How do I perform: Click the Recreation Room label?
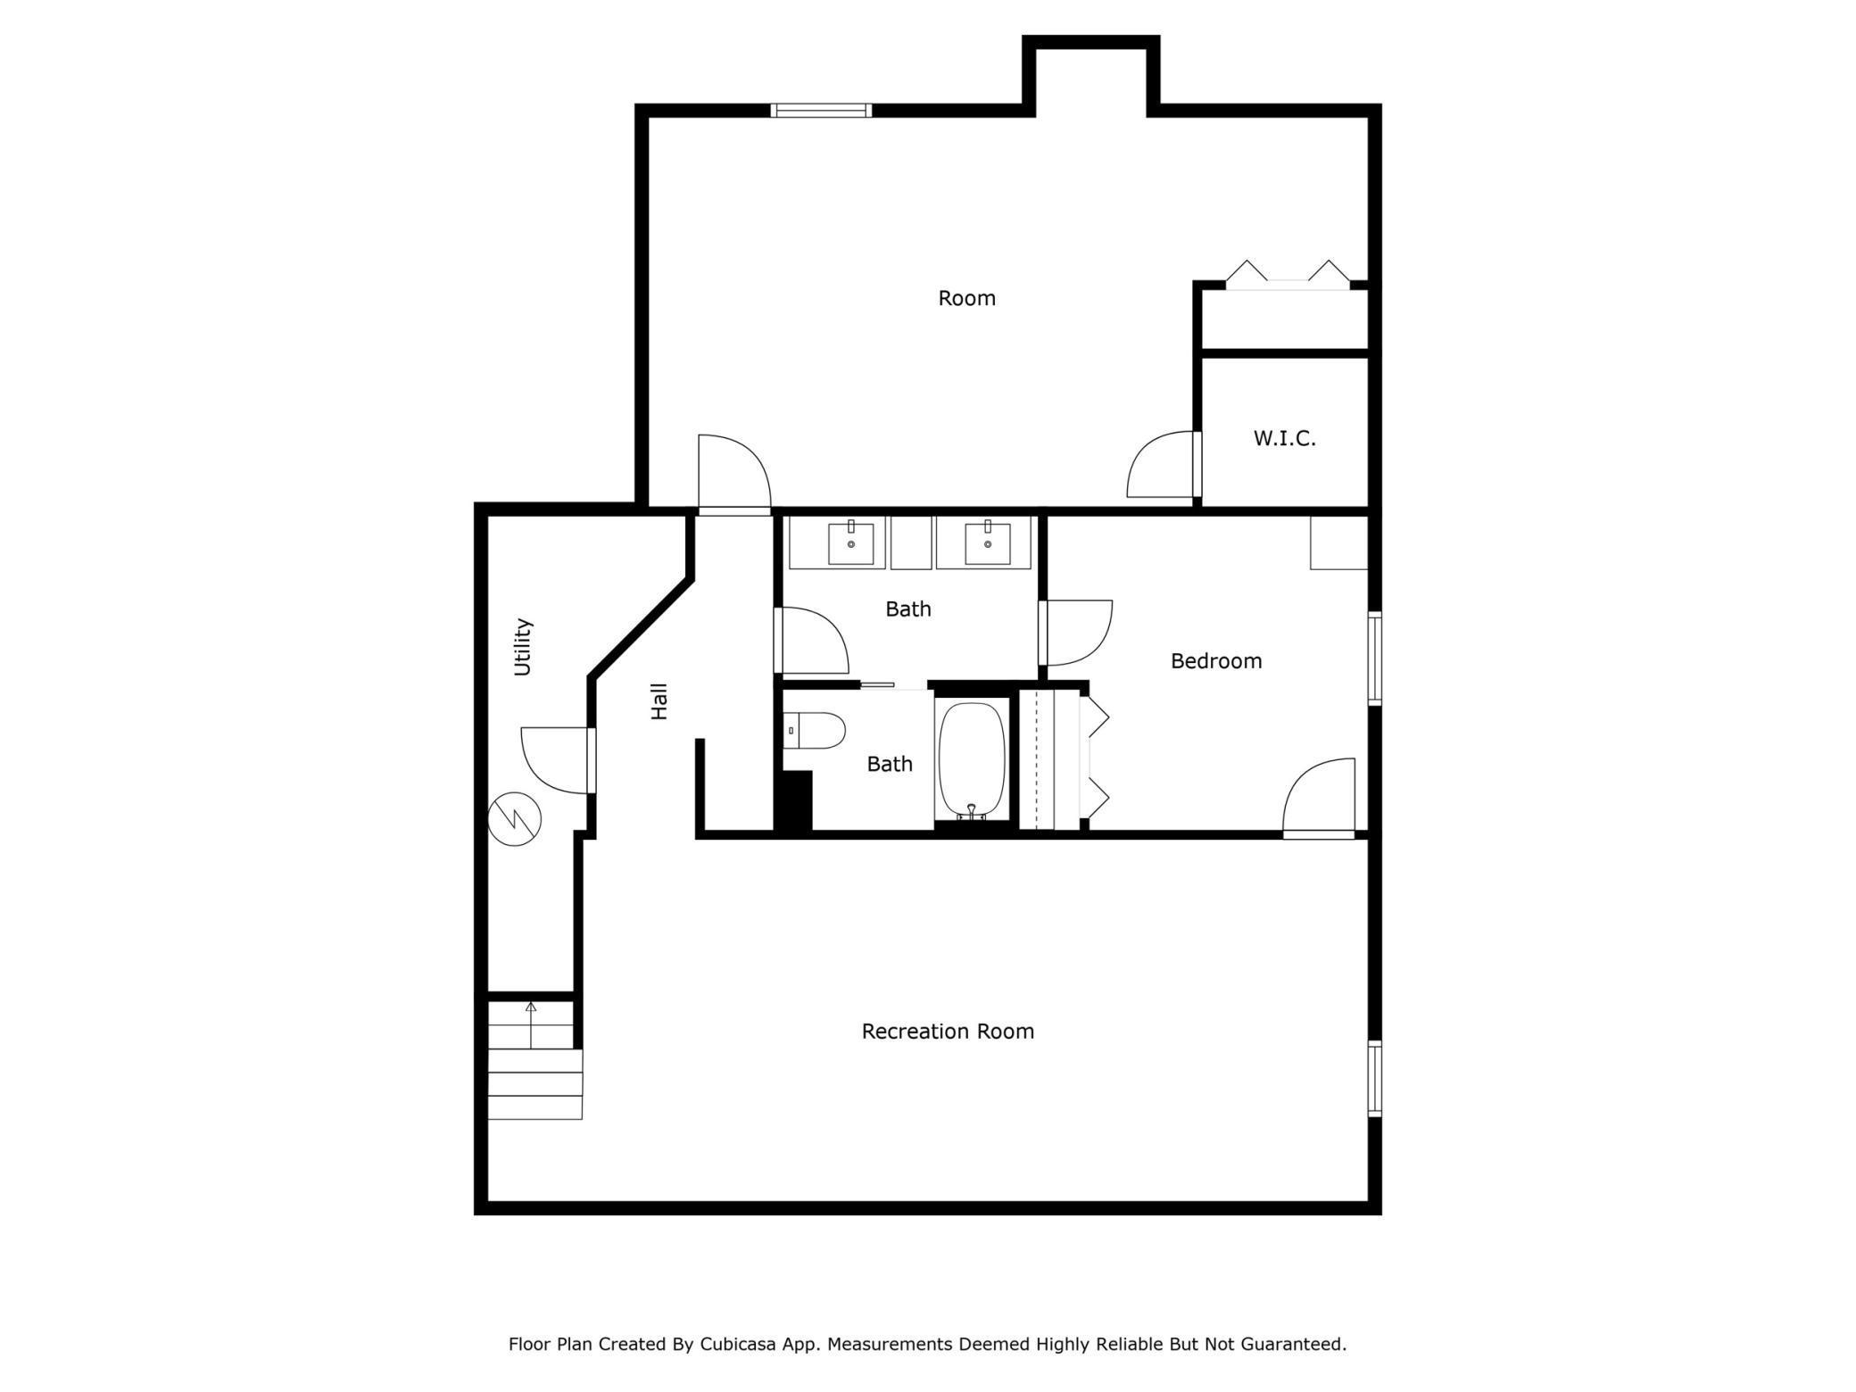948,1032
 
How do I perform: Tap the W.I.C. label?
1284,439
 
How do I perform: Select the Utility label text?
523,647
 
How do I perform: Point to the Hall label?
659,701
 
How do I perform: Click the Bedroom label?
1216,661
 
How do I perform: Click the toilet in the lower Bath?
815,731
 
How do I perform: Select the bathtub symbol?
972,759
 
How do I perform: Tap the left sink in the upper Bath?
850,543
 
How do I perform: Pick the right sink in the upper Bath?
987,543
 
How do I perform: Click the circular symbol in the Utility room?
515,819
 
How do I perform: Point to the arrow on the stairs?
531,1023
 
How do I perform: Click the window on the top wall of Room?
821,111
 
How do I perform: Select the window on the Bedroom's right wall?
1375,659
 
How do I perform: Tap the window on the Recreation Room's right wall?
1375,1079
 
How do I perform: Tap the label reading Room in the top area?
966,298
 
